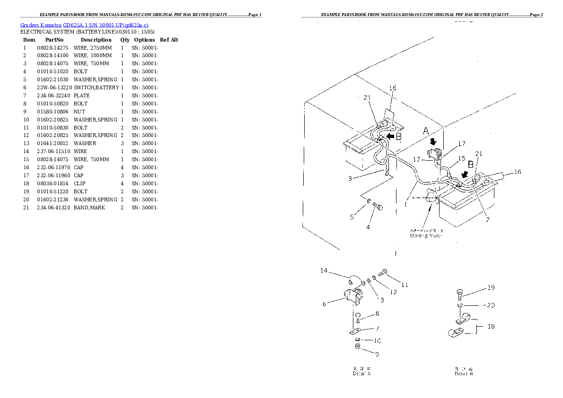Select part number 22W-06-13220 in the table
(x=54, y=87)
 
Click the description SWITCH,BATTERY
(x=96, y=87)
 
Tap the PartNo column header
(x=54, y=40)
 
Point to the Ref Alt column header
(x=169, y=40)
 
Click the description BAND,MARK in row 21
(x=89, y=208)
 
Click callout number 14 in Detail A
(x=324, y=271)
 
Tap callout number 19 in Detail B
(x=491, y=287)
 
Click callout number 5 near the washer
(x=352, y=217)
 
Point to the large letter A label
(x=426, y=131)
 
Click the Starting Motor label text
(x=426, y=235)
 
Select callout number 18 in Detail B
(x=491, y=326)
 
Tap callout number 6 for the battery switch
(x=325, y=304)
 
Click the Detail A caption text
(x=362, y=373)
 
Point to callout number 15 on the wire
(x=461, y=158)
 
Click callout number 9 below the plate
(x=377, y=354)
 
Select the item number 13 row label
(x=26, y=143)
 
